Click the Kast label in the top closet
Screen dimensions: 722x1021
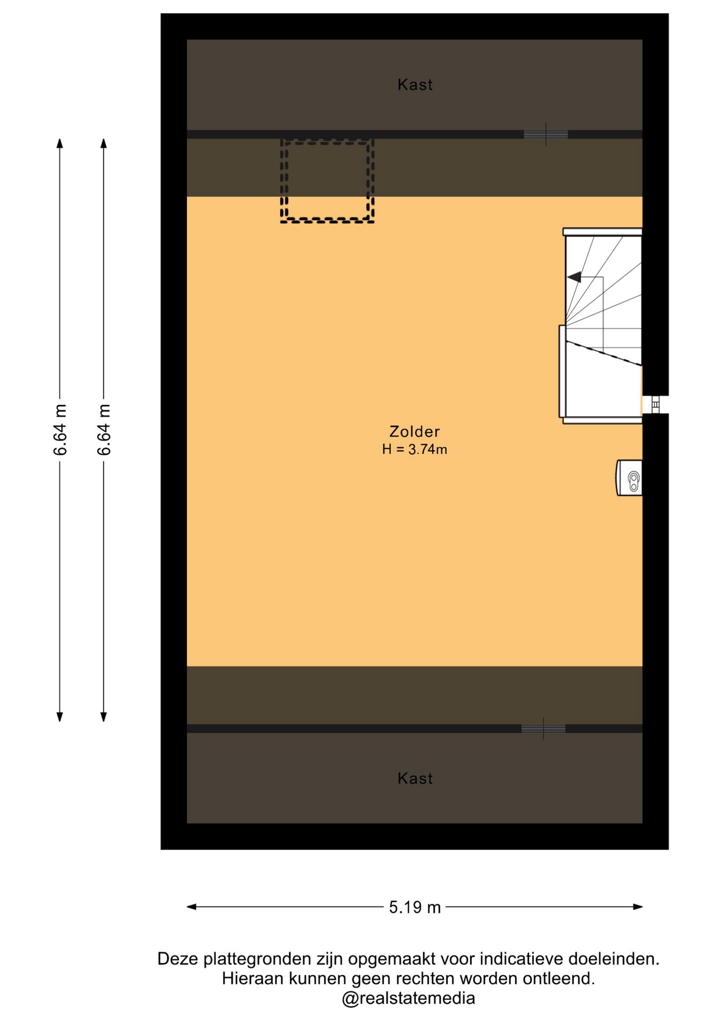tap(415, 85)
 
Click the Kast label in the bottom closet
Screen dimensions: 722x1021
tap(415, 779)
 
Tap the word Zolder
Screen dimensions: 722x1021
tap(415, 431)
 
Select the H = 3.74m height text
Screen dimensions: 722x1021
tap(415, 449)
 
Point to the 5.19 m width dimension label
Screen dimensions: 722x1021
tap(415, 907)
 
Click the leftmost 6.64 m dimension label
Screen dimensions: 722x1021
tap(60, 430)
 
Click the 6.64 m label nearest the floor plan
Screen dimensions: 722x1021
tap(104, 430)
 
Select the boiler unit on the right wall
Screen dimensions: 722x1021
tap(629, 478)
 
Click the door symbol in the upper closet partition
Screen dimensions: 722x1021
tap(545, 135)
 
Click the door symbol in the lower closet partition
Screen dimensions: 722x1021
tap(543, 729)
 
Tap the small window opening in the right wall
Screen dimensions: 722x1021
tap(655, 405)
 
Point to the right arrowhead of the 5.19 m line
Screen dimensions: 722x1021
tap(638, 907)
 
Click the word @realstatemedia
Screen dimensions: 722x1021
tap(408, 999)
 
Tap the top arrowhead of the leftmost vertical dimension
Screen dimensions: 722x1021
tap(60, 144)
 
